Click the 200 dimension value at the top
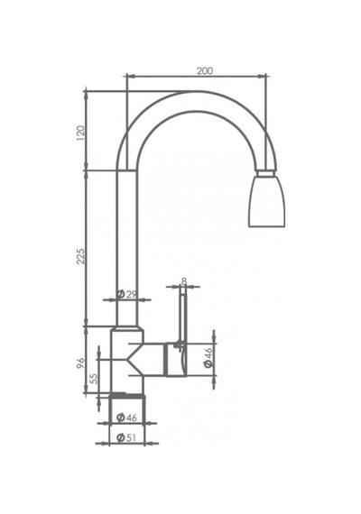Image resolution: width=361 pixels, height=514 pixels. pos(205,70)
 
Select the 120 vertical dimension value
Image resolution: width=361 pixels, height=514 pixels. pos(80,133)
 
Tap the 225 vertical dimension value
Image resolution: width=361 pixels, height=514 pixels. pos(80,256)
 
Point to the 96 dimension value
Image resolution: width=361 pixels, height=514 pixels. pos(80,363)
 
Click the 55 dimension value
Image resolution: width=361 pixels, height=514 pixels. pos(94,379)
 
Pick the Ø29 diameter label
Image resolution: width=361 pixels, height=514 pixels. pos(126,294)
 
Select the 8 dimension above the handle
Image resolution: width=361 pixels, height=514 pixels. pos(184,281)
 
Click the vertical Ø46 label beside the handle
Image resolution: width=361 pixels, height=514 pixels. pos(208,357)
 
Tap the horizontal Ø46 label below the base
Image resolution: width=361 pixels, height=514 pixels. pos(126,418)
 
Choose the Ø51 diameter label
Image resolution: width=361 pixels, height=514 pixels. pos(126,437)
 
